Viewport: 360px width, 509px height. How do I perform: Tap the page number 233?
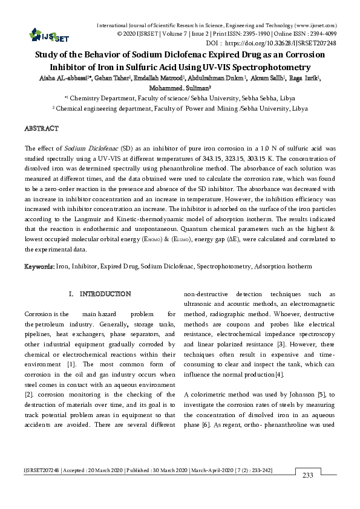[x=307, y=475]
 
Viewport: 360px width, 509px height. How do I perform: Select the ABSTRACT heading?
[x=41, y=129]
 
